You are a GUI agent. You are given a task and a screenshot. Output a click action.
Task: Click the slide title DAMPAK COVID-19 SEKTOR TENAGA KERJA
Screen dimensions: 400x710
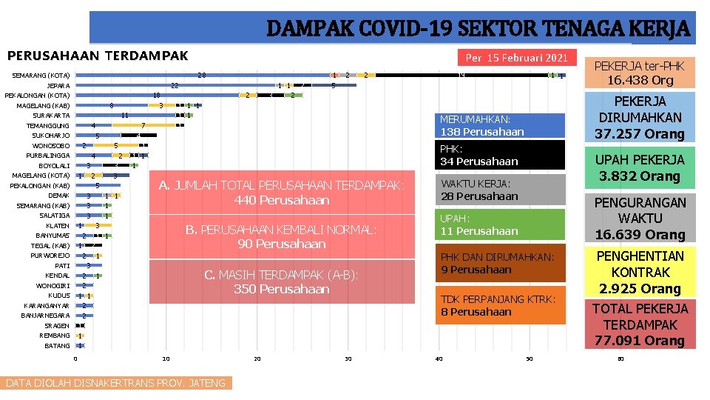coord(477,29)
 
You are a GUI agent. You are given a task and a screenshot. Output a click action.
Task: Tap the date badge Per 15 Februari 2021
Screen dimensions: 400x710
coord(516,58)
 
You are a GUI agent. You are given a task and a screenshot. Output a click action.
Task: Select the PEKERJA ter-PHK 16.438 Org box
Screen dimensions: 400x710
coord(640,73)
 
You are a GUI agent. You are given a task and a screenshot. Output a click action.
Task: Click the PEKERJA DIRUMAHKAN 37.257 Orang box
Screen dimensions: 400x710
coord(640,117)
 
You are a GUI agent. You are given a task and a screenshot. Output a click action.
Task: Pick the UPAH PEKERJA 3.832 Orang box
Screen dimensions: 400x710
coord(640,168)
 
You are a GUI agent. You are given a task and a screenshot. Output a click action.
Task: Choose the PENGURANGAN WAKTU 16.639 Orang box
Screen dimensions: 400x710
coord(640,219)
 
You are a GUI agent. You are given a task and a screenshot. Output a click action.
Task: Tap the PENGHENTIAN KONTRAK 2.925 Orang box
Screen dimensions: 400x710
coord(640,272)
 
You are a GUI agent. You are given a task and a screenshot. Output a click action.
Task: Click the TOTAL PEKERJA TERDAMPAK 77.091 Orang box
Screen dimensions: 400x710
coord(640,324)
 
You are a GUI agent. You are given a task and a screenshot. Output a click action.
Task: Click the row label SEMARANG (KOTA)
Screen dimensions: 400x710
coord(41,76)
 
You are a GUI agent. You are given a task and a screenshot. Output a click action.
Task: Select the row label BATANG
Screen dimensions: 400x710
coord(57,346)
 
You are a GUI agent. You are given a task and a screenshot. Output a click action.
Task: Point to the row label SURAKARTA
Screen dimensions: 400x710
coord(51,116)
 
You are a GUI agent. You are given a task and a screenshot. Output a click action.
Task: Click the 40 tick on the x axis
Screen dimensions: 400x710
coord(439,359)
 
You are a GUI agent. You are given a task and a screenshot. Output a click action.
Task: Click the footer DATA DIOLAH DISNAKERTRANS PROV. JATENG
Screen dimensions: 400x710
coord(115,383)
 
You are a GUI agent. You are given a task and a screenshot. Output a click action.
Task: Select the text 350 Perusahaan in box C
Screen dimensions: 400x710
coord(282,289)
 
